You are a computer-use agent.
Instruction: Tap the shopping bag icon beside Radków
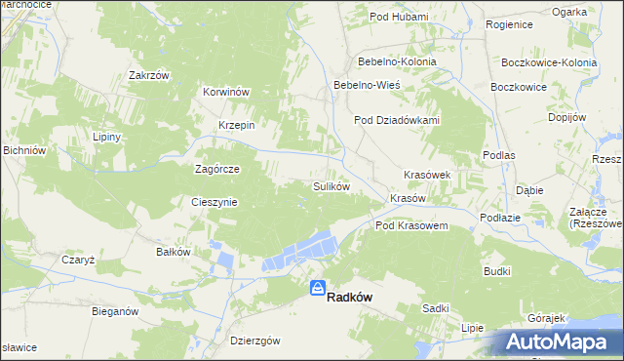[318, 288]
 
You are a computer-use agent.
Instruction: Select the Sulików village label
[331, 185]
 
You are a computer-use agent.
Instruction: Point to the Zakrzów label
[149, 75]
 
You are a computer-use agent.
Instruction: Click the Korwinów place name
[227, 92]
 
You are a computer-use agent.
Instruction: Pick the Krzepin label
[236, 125]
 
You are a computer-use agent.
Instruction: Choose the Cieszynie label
[214, 202]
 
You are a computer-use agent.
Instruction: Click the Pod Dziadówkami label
[397, 121]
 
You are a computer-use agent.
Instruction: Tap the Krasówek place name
[427, 175]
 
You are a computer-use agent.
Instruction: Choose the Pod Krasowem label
[411, 225]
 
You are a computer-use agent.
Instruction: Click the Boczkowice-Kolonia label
[549, 62]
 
